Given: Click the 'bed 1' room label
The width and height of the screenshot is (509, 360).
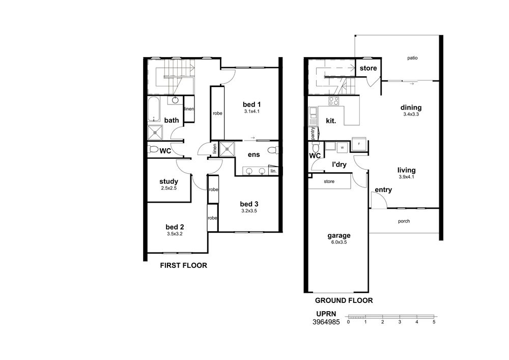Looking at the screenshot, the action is [x=251, y=104].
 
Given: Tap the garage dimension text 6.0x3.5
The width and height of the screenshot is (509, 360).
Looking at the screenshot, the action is [x=339, y=242].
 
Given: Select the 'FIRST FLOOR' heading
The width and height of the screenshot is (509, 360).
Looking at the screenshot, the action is [x=183, y=265].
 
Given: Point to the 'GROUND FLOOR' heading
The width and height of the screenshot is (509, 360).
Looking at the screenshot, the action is [x=344, y=300].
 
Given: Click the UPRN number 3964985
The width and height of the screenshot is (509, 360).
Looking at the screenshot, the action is [x=326, y=322].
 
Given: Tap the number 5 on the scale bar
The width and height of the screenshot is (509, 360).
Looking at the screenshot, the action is [x=434, y=322].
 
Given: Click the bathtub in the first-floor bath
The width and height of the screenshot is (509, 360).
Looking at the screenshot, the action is [x=154, y=109].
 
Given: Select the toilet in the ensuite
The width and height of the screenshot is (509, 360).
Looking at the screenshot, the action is [x=273, y=150].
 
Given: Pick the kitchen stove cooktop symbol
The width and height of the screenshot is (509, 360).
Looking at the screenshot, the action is [x=334, y=101].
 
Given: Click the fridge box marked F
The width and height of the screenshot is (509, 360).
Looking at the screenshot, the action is [x=359, y=144].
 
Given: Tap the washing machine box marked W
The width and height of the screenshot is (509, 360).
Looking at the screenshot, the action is [x=342, y=148].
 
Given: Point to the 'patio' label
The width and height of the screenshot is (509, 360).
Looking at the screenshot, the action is [x=412, y=58].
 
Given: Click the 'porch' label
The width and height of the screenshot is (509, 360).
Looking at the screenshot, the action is [x=404, y=221].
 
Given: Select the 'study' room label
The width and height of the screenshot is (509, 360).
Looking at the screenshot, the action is [x=169, y=181].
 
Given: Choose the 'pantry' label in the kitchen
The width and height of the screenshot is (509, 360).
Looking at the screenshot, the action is [x=313, y=133].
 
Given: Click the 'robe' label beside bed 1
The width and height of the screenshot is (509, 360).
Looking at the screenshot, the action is [x=217, y=113].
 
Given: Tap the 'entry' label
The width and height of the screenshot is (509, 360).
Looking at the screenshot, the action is [x=383, y=190].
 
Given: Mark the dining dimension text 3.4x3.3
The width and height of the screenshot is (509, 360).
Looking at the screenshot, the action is [x=411, y=114].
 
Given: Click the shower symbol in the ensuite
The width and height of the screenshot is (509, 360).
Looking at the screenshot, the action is [x=227, y=149].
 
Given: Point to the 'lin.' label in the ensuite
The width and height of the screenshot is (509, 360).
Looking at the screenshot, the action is [x=273, y=171].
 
